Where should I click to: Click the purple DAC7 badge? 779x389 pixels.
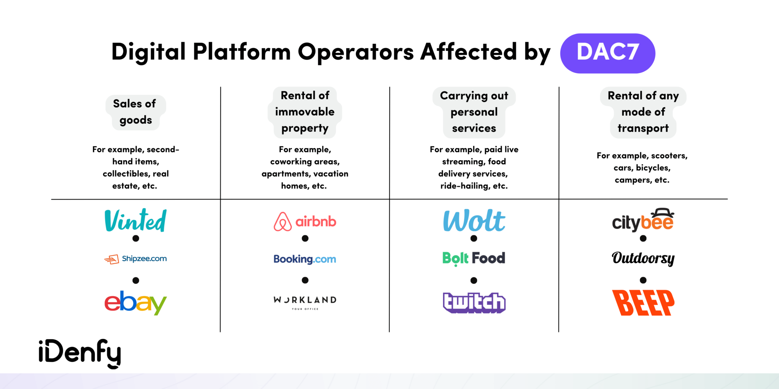point(607,53)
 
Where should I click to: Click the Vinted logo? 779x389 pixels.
point(135,220)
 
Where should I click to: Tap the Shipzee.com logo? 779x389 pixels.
point(135,259)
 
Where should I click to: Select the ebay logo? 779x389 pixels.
point(135,302)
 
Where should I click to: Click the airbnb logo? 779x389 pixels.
point(305,221)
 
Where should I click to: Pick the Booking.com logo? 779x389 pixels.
point(305,259)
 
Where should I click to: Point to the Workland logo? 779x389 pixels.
point(305,302)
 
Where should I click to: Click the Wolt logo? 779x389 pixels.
point(474,221)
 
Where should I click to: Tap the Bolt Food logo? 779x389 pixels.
point(474,258)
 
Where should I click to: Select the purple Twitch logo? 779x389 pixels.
point(474,303)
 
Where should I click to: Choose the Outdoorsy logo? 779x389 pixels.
point(643,258)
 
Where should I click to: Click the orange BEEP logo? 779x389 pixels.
point(643,303)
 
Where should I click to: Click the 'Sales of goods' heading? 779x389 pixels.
point(135,112)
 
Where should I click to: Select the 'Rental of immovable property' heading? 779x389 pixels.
point(305,112)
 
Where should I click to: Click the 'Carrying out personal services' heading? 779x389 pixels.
point(474,112)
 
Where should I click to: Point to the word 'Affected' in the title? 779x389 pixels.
point(468,52)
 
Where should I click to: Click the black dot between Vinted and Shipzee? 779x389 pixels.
point(136,239)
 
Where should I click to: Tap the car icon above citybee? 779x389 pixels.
point(662,213)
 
